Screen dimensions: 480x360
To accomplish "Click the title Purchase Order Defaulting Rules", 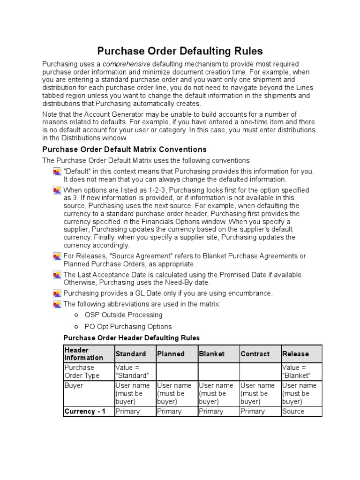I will [x=180, y=51].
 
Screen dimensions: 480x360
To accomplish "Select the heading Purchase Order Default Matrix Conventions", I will [x=124, y=150].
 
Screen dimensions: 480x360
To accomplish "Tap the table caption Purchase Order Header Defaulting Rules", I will [x=131, y=337].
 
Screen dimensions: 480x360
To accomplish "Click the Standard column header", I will [x=130, y=354].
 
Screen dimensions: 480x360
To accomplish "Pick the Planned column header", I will [x=171, y=354].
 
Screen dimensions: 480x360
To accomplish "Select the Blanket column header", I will [x=212, y=354].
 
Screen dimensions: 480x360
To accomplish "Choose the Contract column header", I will [x=255, y=354].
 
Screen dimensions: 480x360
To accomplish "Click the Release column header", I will [x=295, y=354].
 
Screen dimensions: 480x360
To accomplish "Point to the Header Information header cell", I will [x=77, y=354].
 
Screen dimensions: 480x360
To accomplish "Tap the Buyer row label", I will [x=74, y=385].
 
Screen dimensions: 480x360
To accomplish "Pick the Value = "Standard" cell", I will [x=132, y=371].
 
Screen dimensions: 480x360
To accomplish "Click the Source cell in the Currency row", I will [x=293, y=411].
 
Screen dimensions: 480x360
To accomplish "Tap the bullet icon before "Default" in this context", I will [x=57, y=172].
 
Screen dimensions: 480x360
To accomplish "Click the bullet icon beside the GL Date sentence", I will [x=57, y=293].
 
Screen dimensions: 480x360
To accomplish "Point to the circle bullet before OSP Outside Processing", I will [x=76, y=315].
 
